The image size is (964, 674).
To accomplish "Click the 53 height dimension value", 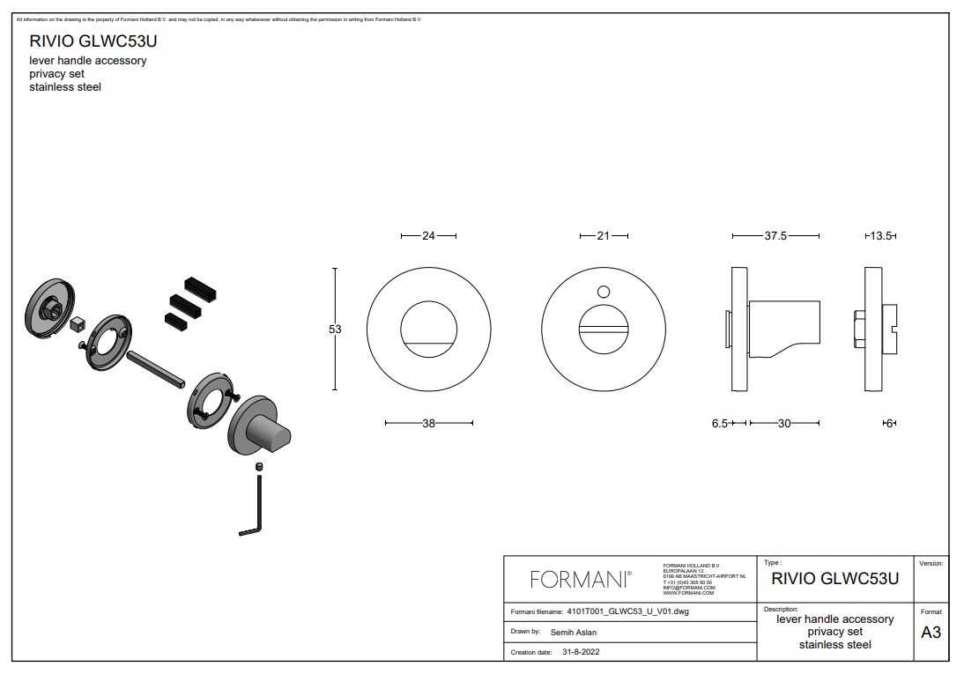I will coord(335,329).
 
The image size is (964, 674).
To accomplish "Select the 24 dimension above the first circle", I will coord(428,236).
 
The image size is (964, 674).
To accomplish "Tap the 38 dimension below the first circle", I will coord(428,424).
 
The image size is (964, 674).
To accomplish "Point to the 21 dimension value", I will coord(604,236).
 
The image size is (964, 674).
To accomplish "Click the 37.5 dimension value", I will coord(775,236).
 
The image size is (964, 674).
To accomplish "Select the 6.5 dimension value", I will coord(720,424).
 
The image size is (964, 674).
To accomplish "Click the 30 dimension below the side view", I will coord(784,424).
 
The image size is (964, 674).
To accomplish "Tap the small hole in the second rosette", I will coord(604,292).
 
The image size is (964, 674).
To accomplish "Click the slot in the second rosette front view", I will coord(604,329).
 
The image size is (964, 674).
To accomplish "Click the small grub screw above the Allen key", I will coord(260,465).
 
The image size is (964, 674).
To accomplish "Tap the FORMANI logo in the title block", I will coord(580,579).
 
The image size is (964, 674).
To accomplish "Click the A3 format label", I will coord(931,632).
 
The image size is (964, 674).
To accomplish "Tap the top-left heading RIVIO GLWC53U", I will coord(93,41).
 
